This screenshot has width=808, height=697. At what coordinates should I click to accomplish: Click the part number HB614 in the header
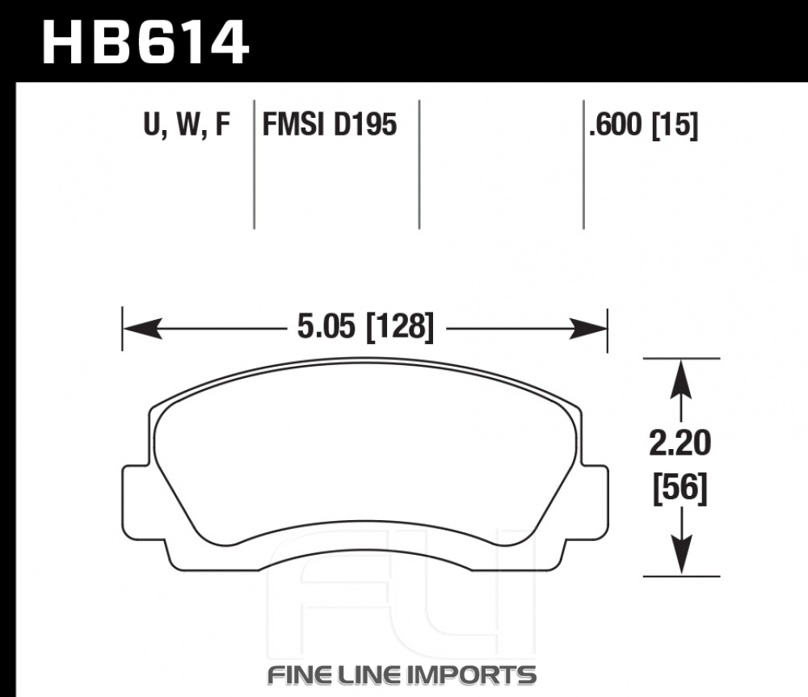145,41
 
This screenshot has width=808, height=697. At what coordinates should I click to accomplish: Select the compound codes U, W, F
187,124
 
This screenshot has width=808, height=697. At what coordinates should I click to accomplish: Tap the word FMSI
294,124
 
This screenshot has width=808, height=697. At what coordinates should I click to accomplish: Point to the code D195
365,124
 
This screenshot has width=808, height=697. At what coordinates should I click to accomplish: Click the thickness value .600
615,124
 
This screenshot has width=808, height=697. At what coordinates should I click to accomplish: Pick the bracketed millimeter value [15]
675,125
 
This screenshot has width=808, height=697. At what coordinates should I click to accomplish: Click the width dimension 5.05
326,326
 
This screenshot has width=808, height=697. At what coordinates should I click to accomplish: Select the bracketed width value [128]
400,327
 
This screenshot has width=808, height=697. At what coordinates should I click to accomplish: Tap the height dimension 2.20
680,443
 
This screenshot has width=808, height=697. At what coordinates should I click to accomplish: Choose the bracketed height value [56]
680,489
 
